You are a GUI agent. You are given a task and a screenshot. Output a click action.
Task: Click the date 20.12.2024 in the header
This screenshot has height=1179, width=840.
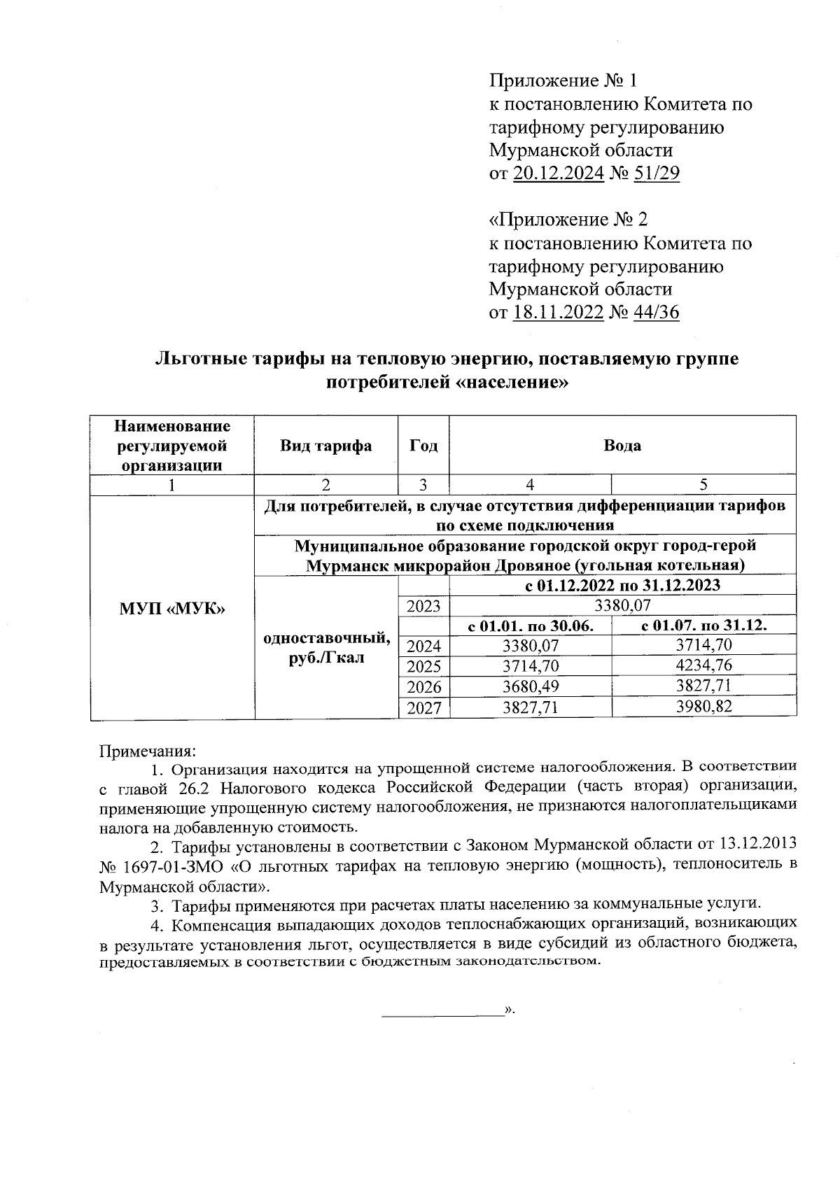(x=558, y=174)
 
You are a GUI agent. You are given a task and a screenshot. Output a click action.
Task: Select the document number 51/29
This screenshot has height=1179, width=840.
(x=656, y=174)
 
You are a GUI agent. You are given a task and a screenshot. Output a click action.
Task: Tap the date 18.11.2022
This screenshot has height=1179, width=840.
(x=558, y=312)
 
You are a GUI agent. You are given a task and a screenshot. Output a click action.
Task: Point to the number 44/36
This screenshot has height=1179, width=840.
(x=656, y=312)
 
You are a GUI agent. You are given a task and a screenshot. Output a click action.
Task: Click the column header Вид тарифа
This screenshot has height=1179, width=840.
(x=325, y=446)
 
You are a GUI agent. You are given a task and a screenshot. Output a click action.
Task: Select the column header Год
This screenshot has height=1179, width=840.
(x=423, y=446)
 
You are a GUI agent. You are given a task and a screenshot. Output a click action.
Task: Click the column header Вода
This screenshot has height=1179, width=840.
(x=622, y=446)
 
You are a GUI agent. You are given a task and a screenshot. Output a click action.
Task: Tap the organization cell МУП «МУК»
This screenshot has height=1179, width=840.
(x=172, y=608)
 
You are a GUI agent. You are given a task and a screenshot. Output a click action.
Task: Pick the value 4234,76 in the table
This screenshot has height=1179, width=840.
(x=703, y=665)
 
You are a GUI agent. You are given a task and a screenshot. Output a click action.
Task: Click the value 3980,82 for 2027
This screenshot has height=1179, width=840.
(x=703, y=707)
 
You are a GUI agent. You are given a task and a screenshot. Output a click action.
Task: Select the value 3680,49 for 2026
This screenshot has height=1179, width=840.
(x=531, y=686)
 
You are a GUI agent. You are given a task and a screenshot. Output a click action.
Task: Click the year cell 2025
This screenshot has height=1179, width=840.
(x=423, y=665)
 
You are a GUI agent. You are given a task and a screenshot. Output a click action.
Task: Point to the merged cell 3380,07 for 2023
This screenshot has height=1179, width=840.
(x=622, y=605)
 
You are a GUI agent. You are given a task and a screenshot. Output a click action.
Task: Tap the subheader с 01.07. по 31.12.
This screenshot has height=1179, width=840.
(x=703, y=626)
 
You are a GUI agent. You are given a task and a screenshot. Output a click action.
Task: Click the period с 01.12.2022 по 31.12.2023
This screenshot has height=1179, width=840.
(x=622, y=585)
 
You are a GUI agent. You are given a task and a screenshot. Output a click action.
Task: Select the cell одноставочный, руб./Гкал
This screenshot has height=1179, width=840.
(x=325, y=648)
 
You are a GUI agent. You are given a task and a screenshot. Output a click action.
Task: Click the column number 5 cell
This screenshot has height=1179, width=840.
(x=703, y=484)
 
